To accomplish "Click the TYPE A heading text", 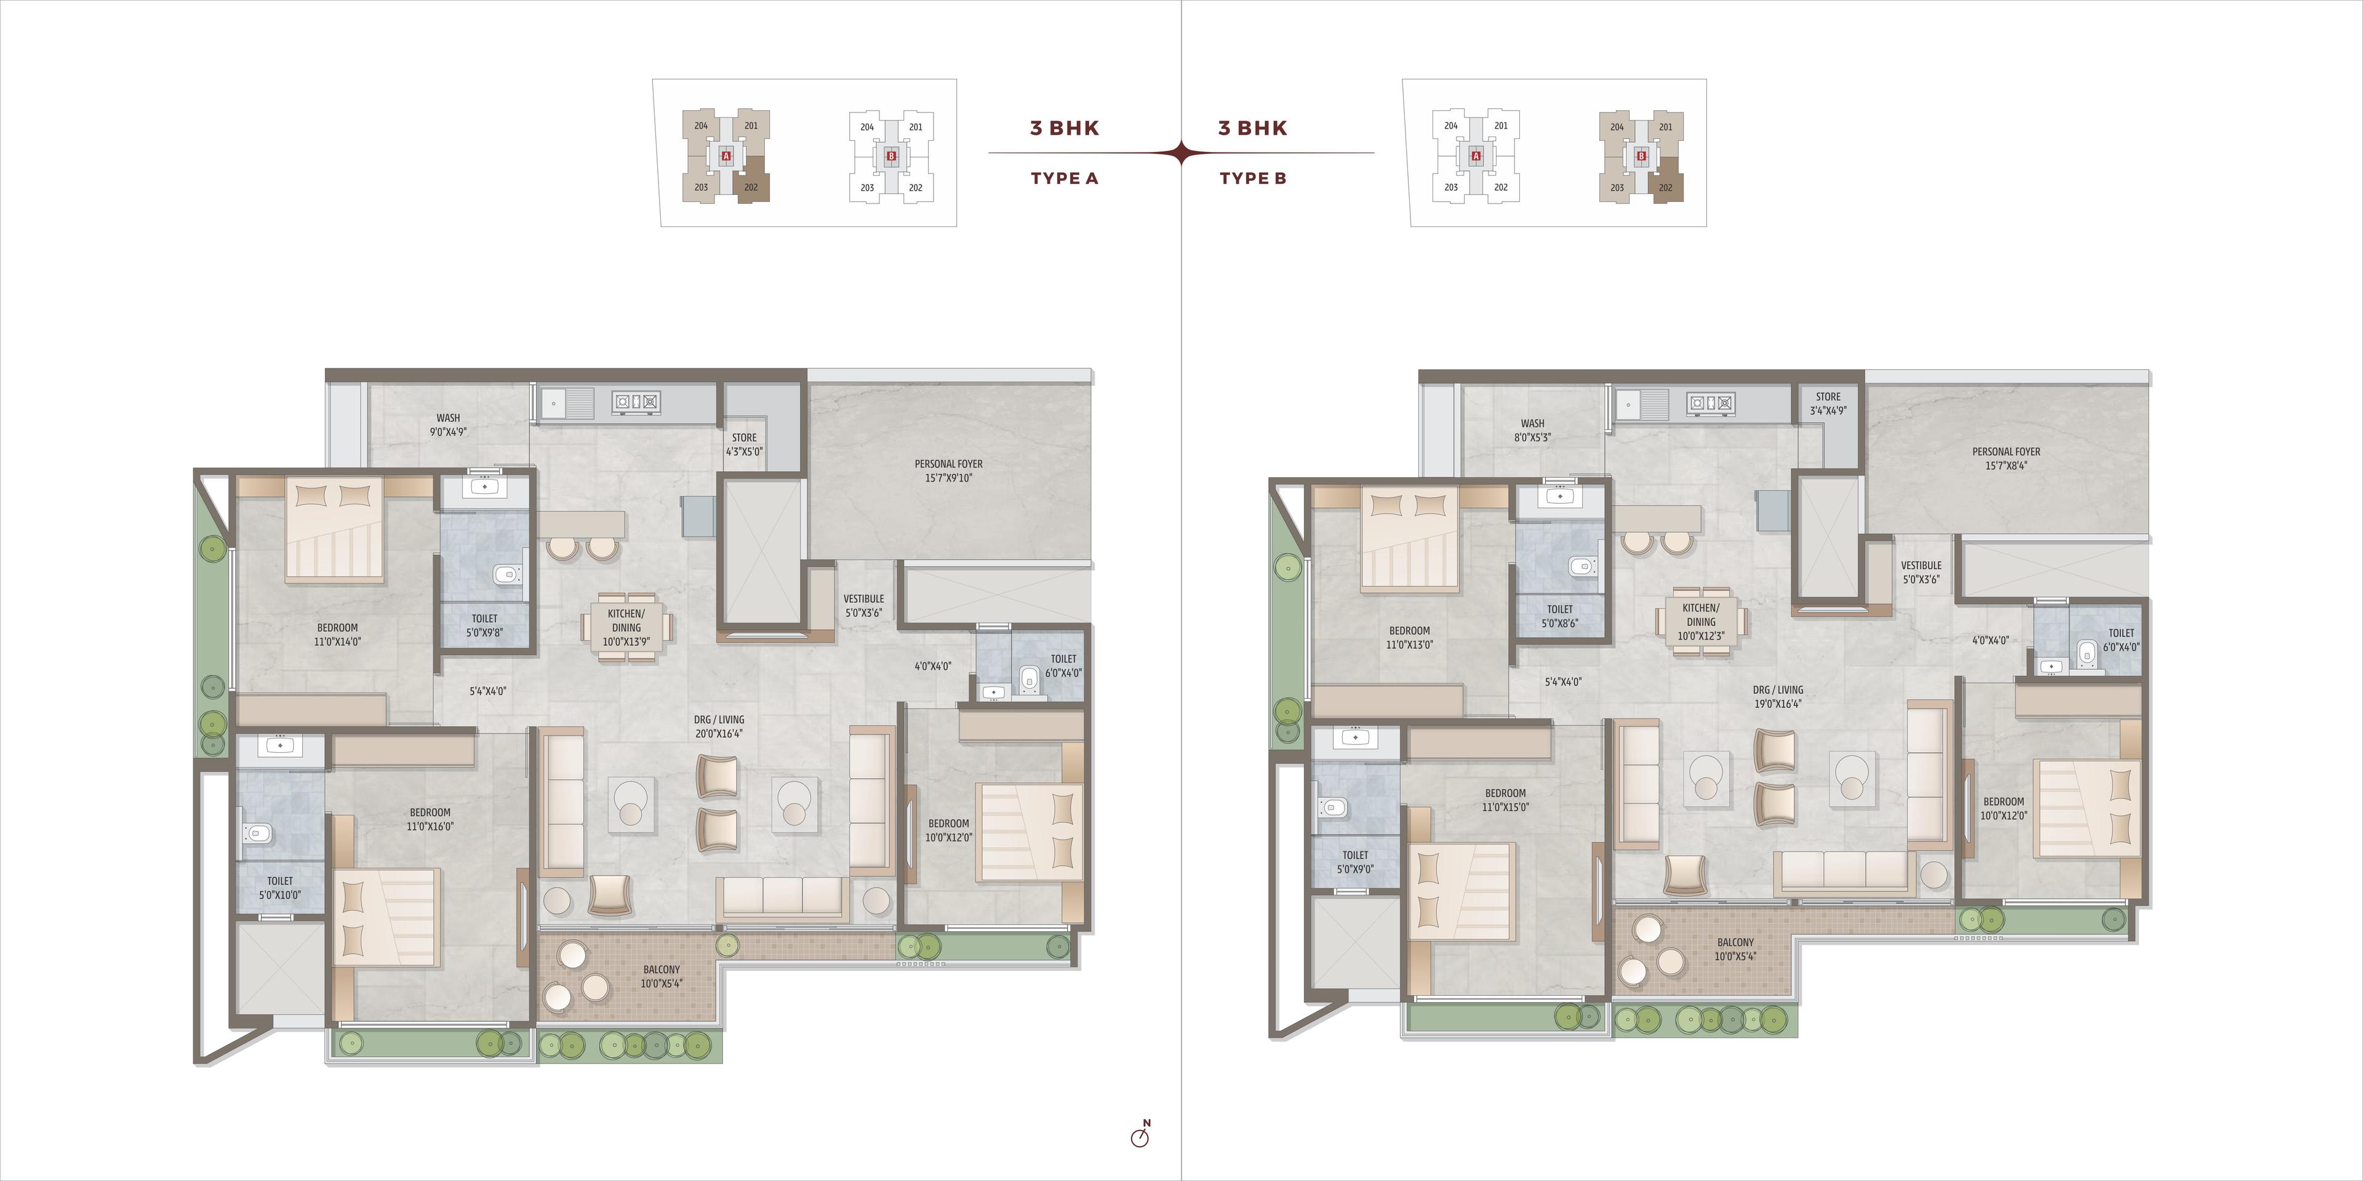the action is point(1064,178).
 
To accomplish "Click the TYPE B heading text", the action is point(1253,178).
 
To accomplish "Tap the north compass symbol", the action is point(1140,1134).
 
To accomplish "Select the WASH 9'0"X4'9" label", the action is point(449,424).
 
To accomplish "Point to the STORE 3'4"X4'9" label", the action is point(1828,404).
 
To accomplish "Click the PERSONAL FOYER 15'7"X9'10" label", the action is point(948,471).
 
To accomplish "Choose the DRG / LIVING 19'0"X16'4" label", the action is point(1778,697).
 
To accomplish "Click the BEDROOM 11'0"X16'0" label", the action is point(430,819).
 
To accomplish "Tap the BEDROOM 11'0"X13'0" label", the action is point(1409,637).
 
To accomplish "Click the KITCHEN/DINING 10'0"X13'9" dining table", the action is point(626,626).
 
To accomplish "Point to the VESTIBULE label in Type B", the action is point(1921,566).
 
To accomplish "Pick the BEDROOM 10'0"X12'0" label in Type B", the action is point(2004,808).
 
